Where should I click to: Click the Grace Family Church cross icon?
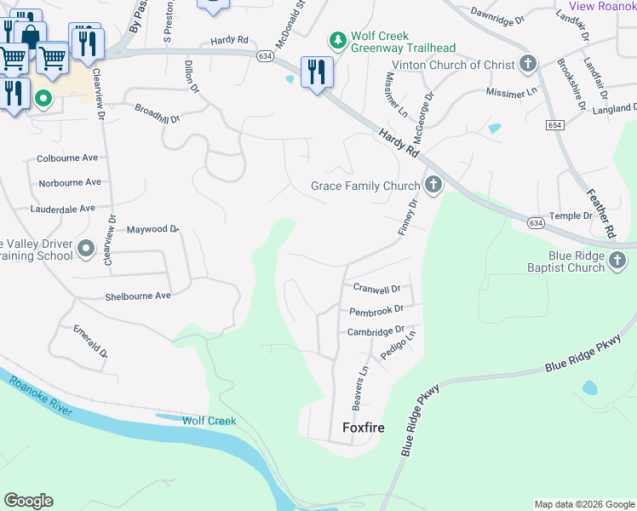coord(433,185)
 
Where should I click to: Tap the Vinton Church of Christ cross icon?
coord(528,64)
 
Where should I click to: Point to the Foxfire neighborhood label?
coord(364,428)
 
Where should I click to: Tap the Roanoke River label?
coord(43,394)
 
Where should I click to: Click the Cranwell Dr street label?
coord(376,290)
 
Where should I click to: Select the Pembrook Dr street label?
coord(376,312)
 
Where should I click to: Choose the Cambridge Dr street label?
coord(376,331)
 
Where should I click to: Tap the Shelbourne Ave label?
coord(138,296)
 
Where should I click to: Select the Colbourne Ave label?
coord(67,158)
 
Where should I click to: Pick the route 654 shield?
coord(555,125)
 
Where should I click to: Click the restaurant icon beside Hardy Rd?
coord(317,73)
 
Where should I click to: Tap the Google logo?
coord(28,501)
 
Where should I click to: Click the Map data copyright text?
coord(584,504)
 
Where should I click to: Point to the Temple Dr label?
coord(570,216)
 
